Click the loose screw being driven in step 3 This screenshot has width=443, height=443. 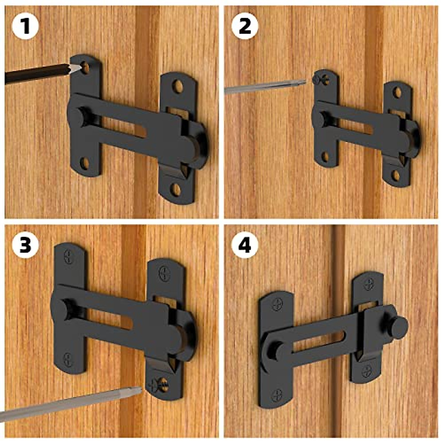pyautogui.click(x=159, y=384)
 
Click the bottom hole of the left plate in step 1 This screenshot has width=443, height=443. pyautogui.click(x=85, y=163)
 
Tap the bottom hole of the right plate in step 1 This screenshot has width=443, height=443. pyautogui.click(x=176, y=190)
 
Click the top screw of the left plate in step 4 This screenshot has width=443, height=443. pyautogui.click(x=277, y=305)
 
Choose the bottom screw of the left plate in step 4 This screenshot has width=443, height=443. pyautogui.click(x=277, y=395)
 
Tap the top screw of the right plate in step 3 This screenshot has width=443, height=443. pyautogui.click(x=164, y=274)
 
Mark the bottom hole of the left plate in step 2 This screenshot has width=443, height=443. pyautogui.click(x=325, y=157)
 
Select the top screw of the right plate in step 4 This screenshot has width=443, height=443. pyautogui.click(x=369, y=284)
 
